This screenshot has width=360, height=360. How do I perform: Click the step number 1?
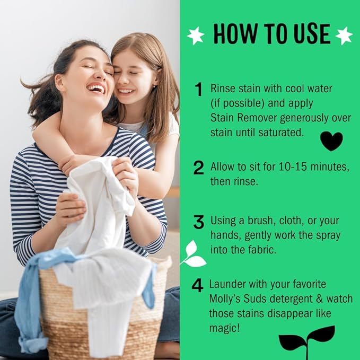[199, 90]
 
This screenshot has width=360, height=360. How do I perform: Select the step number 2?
[199, 168]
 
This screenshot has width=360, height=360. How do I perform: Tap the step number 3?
[199, 222]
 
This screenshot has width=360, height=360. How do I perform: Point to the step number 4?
[197, 285]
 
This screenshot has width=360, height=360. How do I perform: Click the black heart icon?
[331, 141]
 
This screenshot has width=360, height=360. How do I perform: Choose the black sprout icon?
[307, 339]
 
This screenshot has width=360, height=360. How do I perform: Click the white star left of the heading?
[196, 36]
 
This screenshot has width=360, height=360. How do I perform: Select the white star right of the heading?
[344, 36]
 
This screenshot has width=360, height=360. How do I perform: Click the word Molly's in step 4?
[226, 299]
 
